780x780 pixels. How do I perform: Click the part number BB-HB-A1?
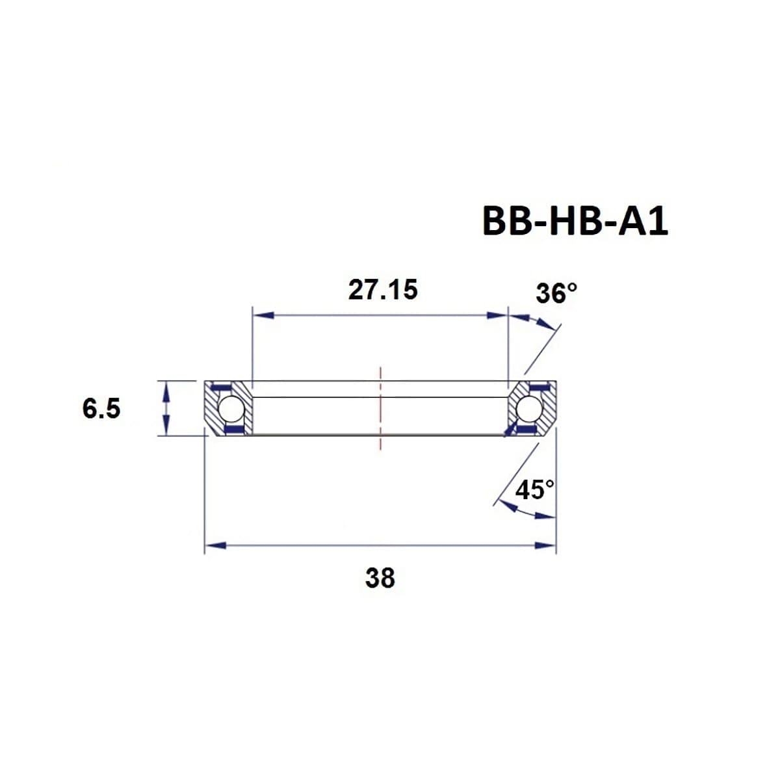click(575, 222)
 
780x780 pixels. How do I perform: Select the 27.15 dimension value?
click(382, 290)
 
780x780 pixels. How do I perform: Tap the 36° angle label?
click(556, 293)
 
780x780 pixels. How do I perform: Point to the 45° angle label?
click(535, 489)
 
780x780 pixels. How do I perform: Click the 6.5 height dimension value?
click(101, 409)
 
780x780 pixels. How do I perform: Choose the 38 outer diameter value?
click(380, 577)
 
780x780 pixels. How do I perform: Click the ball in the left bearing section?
click(230, 409)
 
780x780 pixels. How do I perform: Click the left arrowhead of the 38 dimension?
click(215, 545)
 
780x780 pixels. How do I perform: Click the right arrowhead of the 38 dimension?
click(545, 545)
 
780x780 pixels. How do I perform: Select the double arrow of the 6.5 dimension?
click(167, 408)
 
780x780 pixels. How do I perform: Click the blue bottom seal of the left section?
click(232, 430)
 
